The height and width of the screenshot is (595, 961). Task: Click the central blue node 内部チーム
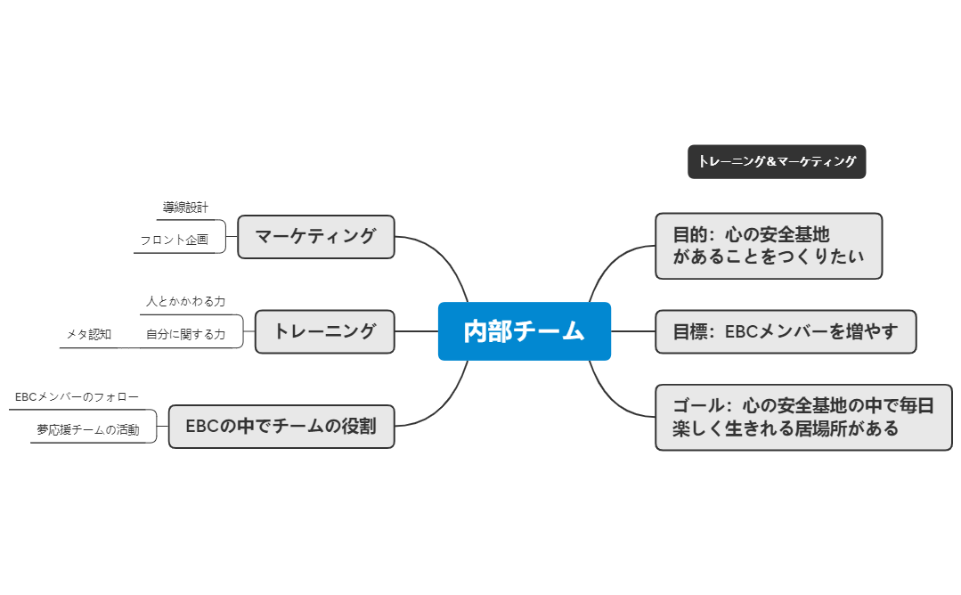[524, 331]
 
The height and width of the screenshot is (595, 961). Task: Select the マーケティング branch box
[315, 237]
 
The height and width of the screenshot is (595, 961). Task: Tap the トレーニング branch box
[324, 331]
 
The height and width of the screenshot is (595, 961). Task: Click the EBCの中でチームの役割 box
[281, 426]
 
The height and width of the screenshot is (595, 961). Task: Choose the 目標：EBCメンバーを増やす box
[785, 331]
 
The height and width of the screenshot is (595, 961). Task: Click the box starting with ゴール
[802, 417]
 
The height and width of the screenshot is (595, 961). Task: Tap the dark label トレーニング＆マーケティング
[776, 162]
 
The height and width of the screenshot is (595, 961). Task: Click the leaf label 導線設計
[185, 208]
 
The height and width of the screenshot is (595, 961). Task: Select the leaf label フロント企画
[174, 240]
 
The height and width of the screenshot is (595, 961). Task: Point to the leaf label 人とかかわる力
[185, 302]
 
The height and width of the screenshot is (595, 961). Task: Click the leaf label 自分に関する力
[185, 335]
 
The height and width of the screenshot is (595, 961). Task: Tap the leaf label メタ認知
[89, 335]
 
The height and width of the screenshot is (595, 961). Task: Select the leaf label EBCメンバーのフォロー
[77, 396]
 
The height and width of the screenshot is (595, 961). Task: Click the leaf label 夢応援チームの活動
[88, 429]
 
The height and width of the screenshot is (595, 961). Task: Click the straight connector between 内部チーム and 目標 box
[632, 331]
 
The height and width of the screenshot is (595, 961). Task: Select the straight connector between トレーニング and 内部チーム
[416, 331]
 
